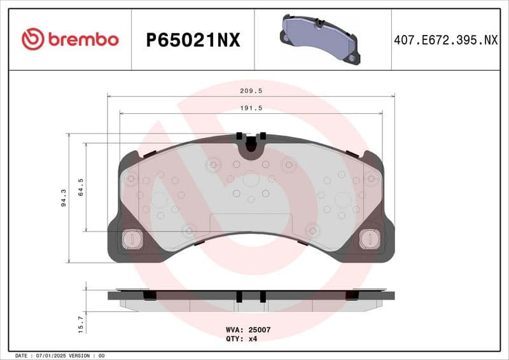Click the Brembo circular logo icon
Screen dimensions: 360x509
(32, 39)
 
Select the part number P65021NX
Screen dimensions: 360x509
(193, 40)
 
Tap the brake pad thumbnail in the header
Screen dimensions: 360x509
(320, 39)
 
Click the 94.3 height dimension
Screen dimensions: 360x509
(62, 198)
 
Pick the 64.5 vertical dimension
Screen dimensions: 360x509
(81, 187)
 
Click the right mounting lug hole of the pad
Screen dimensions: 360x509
(368, 239)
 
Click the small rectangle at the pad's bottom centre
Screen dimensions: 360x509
(251, 223)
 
